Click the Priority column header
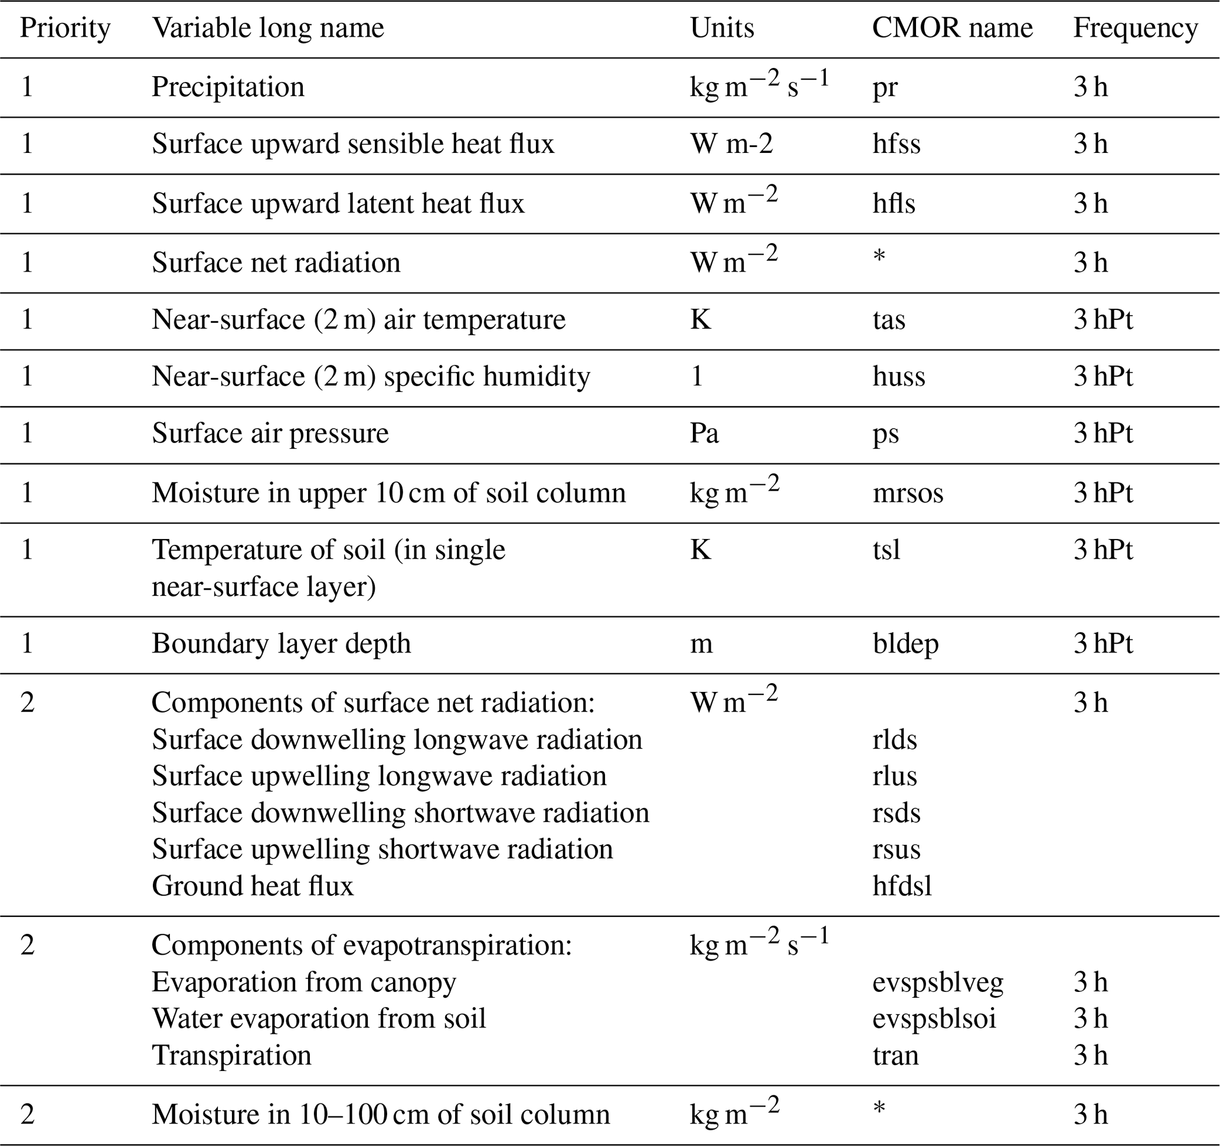[x=65, y=28]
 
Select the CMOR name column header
[x=953, y=28]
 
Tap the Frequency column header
[x=1136, y=28]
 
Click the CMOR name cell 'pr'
[x=885, y=87]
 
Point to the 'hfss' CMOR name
[x=896, y=144]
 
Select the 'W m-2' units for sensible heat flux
[x=731, y=144]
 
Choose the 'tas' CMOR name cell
[x=889, y=320]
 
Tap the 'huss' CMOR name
[x=898, y=376]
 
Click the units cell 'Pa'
[x=704, y=433]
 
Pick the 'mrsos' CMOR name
[x=908, y=494]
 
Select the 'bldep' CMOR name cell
[x=905, y=644]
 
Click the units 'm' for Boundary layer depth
[x=701, y=645]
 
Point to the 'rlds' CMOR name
[x=895, y=740]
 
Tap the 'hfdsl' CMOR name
[x=902, y=886]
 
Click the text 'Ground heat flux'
[x=253, y=886]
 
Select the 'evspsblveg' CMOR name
[x=938, y=982]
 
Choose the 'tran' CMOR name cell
[x=895, y=1056]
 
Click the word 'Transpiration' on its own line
[x=231, y=1056]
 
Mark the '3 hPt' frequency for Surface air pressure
[x=1103, y=433]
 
